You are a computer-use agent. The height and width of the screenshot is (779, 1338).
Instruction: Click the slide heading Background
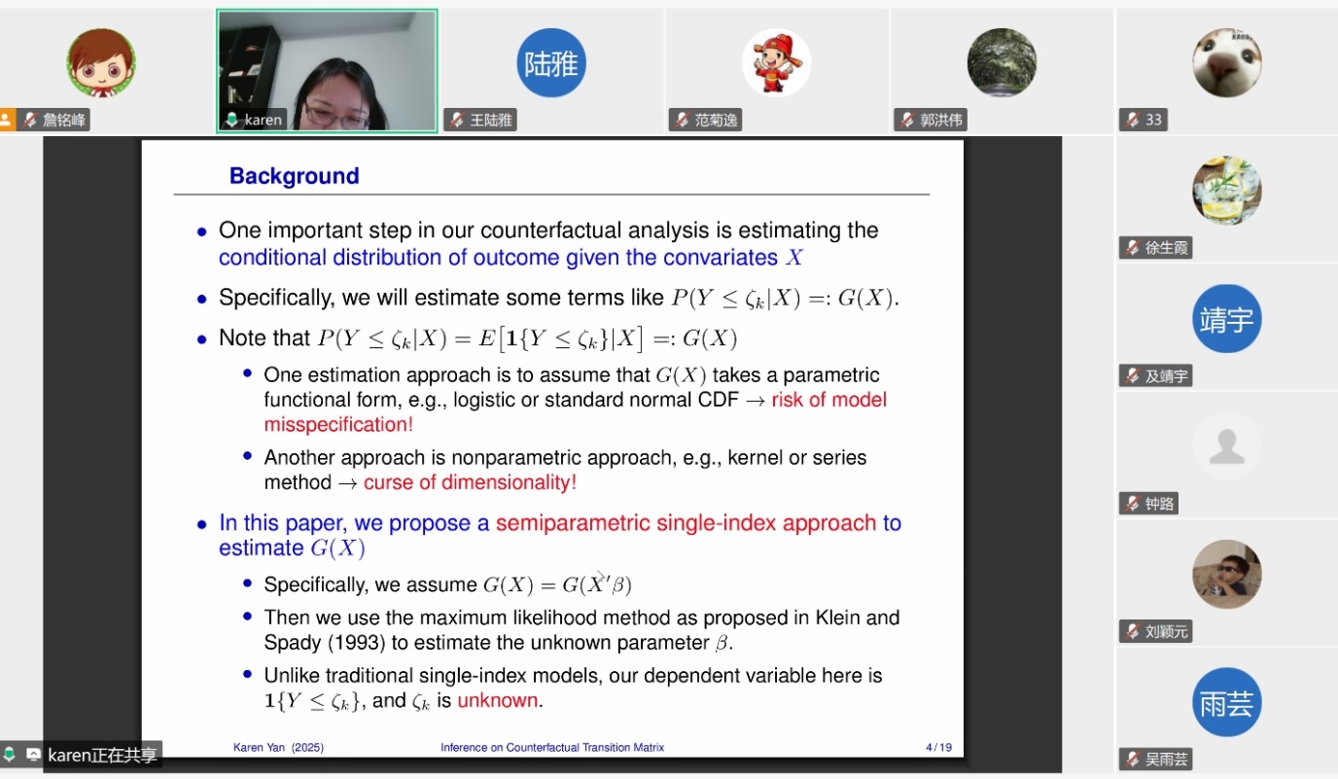[x=294, y=176]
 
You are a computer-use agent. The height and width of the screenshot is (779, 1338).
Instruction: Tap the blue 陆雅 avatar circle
[x=550, y=62]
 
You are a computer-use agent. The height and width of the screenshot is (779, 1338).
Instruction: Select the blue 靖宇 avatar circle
[x=1227, y=318]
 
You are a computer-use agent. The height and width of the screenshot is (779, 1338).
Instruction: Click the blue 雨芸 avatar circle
[x=1227, y=702]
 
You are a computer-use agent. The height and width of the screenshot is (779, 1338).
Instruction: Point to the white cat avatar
[x=1227, y=62]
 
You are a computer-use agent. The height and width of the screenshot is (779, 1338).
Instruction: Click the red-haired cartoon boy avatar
[x=101, y=62]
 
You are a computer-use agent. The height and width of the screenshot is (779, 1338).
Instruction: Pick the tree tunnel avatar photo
[x=1002, y=62]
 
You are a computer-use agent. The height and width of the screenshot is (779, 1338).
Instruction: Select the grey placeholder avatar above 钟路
[x=1227, y=446]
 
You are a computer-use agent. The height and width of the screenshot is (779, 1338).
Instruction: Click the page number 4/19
[x=938, y=747]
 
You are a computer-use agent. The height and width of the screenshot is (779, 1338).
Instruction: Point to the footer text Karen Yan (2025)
[x=278, y=747]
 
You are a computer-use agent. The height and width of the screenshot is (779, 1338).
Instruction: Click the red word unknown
[x=498, y=700]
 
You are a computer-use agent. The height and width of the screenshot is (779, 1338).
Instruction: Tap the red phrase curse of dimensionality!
[x=470, y=482]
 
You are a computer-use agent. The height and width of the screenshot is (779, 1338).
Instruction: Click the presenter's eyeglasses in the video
[x=337, y=117]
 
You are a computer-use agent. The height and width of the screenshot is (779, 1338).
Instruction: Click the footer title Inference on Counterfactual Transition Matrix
[x=552, y=747]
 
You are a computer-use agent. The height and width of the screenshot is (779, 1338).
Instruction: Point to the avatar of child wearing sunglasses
[x=1227, y=574]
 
